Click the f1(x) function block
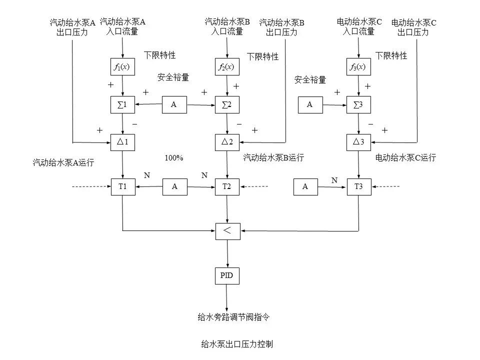122,67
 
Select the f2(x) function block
227,67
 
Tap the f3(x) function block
358,67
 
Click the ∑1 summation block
122,105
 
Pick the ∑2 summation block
227,105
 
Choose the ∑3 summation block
358,105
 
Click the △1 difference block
122,142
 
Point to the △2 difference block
227,142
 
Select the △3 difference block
358,142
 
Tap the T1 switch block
122,186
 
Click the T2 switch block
227,186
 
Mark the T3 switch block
358,186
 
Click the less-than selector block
227,230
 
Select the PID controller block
227,275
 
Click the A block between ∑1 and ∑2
174,105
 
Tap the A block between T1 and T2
174,186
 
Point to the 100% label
174,158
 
